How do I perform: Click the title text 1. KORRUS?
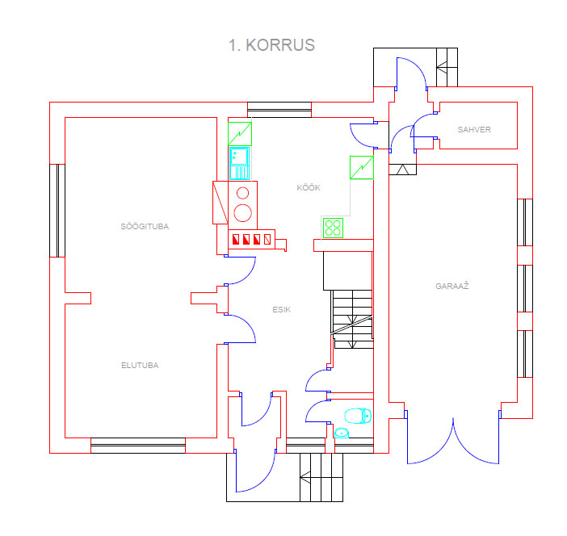271,45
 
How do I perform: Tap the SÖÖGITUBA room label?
145,227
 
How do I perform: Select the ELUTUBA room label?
140,366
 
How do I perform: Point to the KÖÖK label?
309,187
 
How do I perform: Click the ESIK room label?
281,310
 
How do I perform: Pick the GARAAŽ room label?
452,287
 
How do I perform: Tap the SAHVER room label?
474,130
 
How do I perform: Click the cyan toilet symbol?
358,416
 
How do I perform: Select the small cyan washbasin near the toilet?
342,433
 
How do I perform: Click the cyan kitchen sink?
239,163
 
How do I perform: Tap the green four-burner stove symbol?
333,228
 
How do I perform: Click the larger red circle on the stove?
242,213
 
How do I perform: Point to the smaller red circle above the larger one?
242,194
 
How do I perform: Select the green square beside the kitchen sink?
240,134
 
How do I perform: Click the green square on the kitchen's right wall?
362,167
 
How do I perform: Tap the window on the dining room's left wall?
57,211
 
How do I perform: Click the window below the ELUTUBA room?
138,446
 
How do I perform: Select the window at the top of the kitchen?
279,110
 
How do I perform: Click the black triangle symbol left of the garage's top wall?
402,170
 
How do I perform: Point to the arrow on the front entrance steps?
305,477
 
